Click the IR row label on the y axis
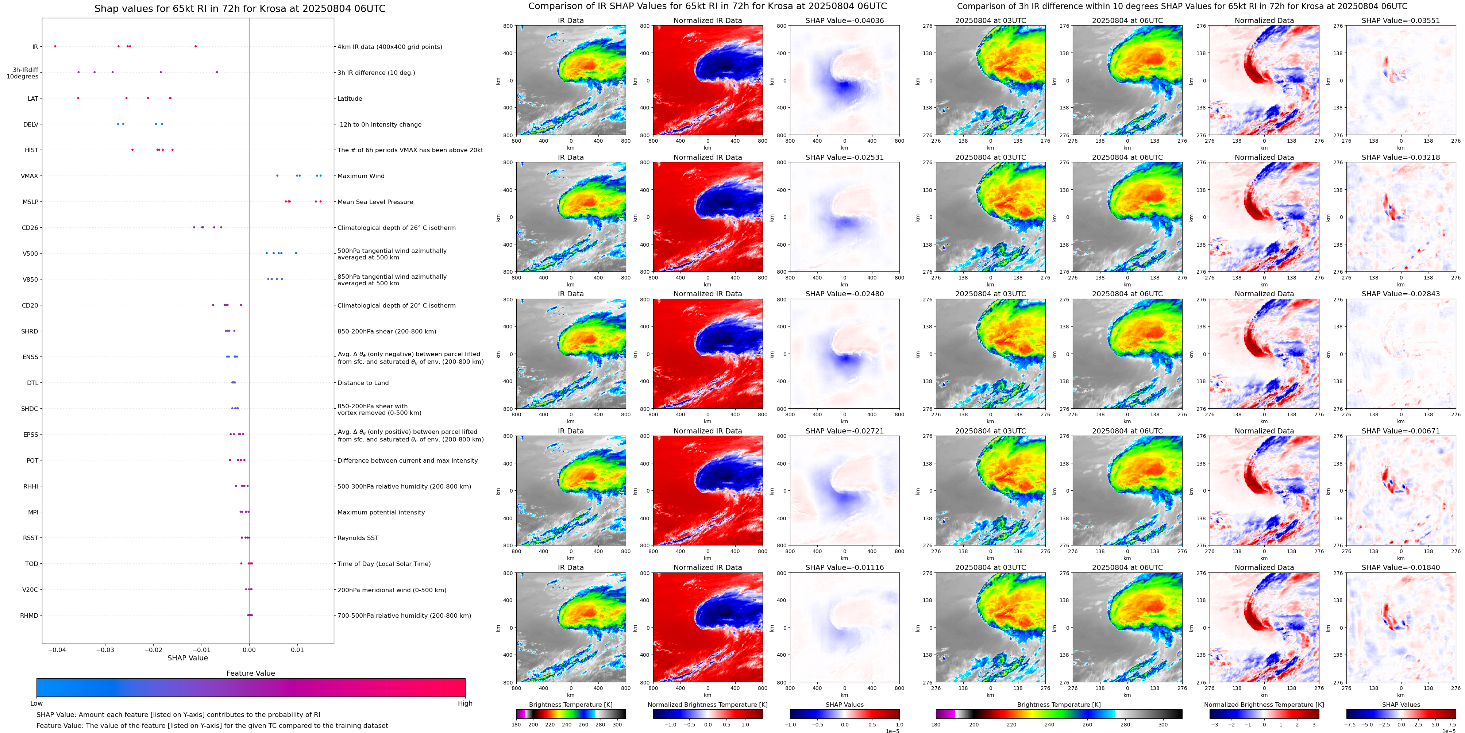[x=35, y=47]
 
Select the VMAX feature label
[x=30, y=176]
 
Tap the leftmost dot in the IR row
[x=55, y=46]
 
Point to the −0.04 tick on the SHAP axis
[x=57, y=649]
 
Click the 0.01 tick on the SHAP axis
[x=297, y=649]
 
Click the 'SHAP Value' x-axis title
[x=187, y=658]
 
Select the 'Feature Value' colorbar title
[x=250, y=673]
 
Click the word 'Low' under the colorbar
[x=36, y=703]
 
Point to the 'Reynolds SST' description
[x=358, y=538]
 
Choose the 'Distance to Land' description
[x=363, y=383]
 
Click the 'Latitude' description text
[x=350, y=99]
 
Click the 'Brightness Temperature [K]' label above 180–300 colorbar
[x=570, y=705]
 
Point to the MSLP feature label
[x=30, y=202]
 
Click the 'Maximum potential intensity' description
[x=381, y=512]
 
